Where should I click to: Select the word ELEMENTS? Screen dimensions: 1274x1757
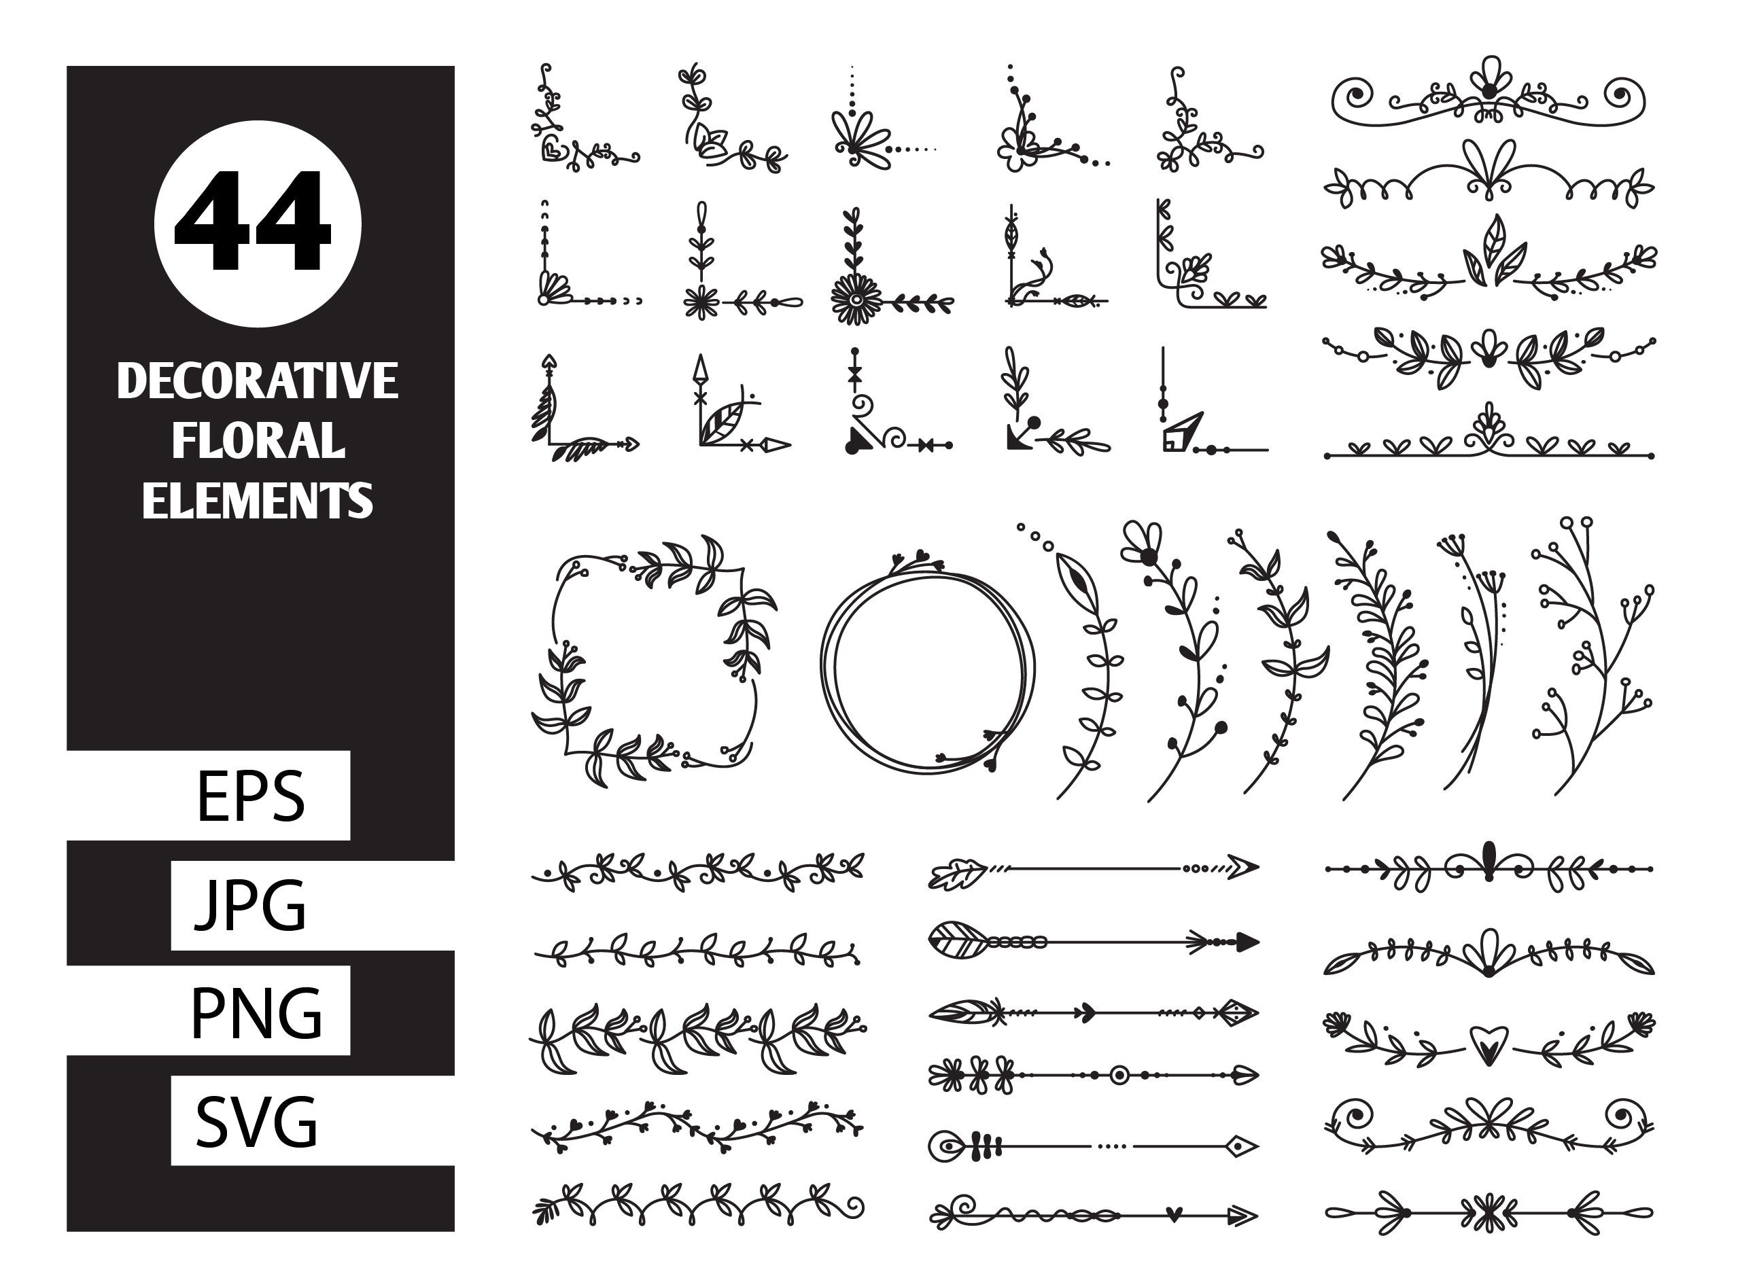[x=257, y=500]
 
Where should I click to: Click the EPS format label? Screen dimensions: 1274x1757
[x=250, y=796]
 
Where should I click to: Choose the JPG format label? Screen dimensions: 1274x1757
[x=250, y=904]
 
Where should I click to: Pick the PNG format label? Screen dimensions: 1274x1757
[x=256, y=1013]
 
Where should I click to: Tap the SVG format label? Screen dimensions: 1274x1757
[x=256, y=1121]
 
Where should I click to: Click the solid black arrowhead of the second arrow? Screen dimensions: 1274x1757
[x=1247, y=942]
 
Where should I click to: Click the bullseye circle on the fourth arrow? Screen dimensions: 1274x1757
[x=1119, y=1075]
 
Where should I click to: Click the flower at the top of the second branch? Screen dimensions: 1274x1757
[x=1143, y=542]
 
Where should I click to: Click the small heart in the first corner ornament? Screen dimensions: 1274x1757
[x=551, y=149]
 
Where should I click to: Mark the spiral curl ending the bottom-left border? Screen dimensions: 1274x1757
[x=854, y=1206]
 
